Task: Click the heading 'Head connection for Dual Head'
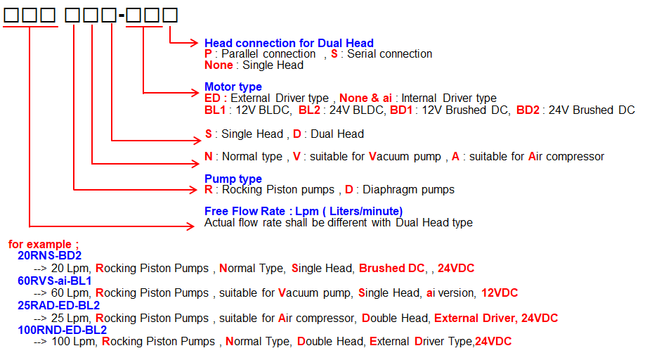click(289, 43)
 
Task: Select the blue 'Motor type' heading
click(233, 86)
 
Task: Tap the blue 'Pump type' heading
click(233, 179)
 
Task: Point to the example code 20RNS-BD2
click(49, 255)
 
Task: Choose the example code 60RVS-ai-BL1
click(54, 281)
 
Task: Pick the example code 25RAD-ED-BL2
click(58, 305)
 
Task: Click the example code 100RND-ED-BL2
click(62, 330)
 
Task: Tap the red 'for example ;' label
click(43, 244)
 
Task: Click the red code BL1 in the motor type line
click(215, 110)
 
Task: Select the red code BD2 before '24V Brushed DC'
click(528, 110)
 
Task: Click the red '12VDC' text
click(500, 293)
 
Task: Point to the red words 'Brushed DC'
click(391, 269)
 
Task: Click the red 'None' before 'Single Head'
click(219, 65)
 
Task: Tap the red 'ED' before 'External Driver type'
click(212, 98)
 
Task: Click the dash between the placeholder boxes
click(122, 16)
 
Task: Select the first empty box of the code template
click(11, 15)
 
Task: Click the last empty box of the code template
click(170, 15)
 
